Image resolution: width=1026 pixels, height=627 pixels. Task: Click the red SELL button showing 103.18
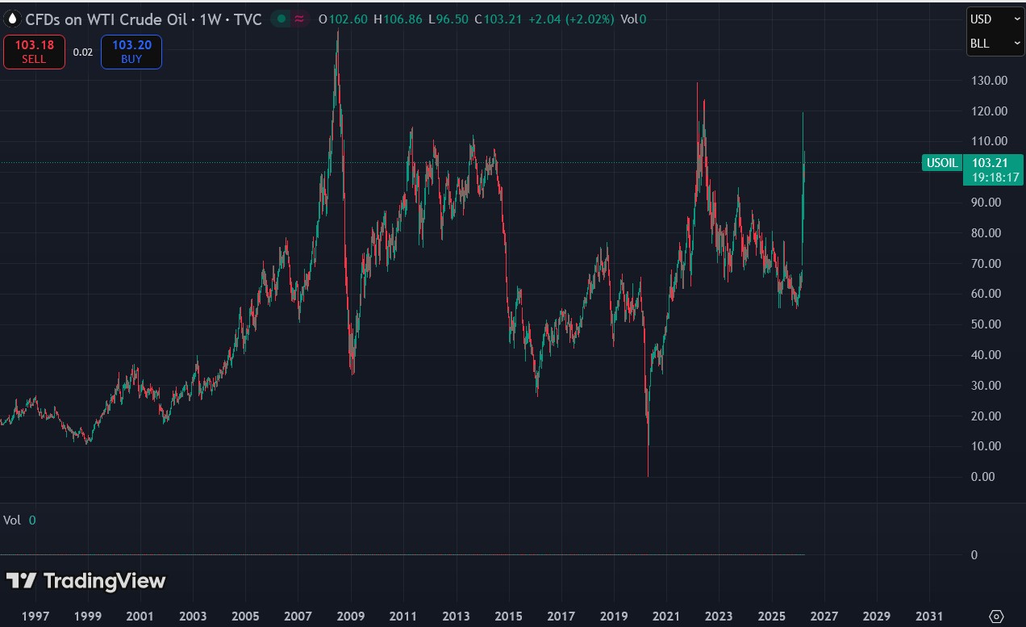[x=34, y=52]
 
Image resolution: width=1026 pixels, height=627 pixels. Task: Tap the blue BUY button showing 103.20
[x=131, y=52]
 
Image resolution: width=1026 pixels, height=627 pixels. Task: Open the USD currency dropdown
[x=995, y=19]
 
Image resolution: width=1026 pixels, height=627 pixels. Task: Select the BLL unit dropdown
[x=995, y=44]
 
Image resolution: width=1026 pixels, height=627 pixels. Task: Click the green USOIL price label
[x=942, y=163]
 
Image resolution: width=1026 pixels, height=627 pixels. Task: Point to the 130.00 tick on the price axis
[x=990, y=81]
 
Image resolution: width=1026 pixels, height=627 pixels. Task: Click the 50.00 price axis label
[x=990, y=324]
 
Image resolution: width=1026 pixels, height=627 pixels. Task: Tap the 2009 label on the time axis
[x=352, y=616]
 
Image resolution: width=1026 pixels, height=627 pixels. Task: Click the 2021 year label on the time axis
[x=667, y=616]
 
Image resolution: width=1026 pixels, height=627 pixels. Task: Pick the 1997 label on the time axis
[x=35, y=616]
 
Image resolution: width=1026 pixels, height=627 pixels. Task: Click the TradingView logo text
[x=104, y=581]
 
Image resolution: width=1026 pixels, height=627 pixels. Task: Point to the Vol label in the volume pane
[x=12, y=520]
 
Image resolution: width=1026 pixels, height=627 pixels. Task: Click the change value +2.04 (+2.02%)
[x=571, y=19]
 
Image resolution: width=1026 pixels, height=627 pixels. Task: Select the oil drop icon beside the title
[x=12, y=19]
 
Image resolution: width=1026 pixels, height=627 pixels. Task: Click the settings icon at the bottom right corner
[x=996, y=617]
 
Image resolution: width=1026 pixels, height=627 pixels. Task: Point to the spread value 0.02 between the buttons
[x=83, y=52]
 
